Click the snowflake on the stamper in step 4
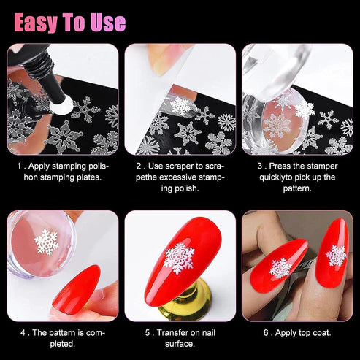point(47,241)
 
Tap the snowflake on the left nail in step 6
point(280,268)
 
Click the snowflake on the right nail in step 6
point(335,256)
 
